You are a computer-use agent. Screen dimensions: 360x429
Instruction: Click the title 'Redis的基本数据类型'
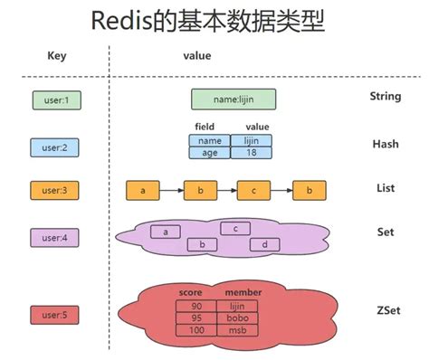(x=214, y=22)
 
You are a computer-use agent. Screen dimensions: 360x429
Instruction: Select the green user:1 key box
(x=56, y=99)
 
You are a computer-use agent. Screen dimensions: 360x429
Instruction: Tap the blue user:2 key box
(x=56, y=146)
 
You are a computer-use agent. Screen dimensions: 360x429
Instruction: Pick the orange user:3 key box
(x=56, y=190)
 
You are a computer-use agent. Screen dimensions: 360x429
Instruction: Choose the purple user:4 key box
(x=56, y=237)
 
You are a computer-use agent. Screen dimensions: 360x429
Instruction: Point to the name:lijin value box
(x=234, y=99)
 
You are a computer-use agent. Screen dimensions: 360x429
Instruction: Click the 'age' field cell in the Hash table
(x=210, y=153)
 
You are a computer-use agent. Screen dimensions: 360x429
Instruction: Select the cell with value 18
(x=252, y=153)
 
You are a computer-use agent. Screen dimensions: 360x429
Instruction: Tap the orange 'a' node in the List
(x=142, y=191)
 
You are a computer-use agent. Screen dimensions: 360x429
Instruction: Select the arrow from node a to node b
(x=170, y=191)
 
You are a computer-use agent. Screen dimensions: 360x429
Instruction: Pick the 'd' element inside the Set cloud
(x=263, y=244)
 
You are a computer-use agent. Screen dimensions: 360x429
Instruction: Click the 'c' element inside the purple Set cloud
(x=235, y=229)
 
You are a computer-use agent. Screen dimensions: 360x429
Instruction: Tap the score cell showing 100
(x=196, y=329)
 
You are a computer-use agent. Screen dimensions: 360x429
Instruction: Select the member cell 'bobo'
(x=243, y=318)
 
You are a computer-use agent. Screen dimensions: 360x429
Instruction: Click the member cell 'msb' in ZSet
(x=243, y=329)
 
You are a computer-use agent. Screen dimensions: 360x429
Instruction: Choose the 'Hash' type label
(x=385, y=144)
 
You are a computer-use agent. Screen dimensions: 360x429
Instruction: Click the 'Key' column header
(x=57, y=55)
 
